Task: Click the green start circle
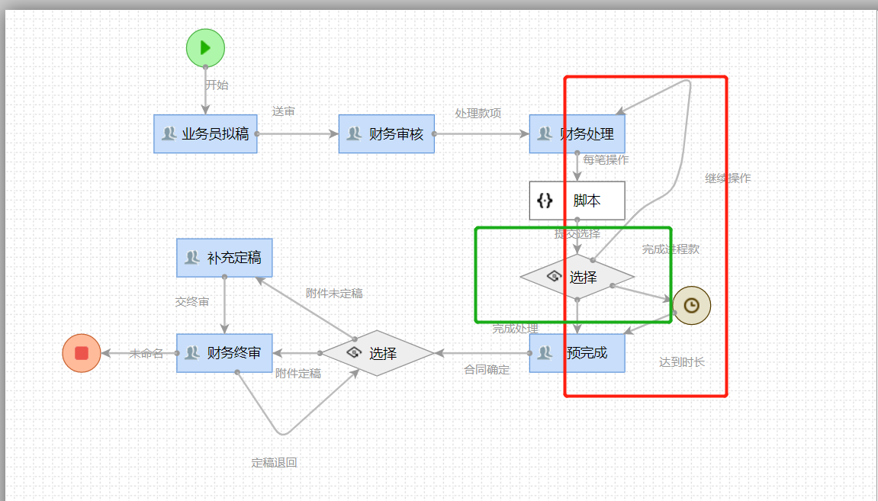pyautogui.click(x=205, y=48)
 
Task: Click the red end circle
pyautogui.click(x=82, y=353)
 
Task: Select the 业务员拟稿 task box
pyautogui.click(x=205, y=134)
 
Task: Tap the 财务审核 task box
pyautogui.click(x=386, y=134)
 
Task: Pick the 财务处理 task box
pyautogui.click(x=577, y=134)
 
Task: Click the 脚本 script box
pyautogui.click(x=577, y=201)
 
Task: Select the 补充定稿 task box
pyautogui.click(x=224, y=258)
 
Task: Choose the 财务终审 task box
pyautogui.click(x=224, y=353)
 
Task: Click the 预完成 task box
pyautogui.click(x=577, y=353)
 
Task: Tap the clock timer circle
pyautogui.click(x=691, y=305)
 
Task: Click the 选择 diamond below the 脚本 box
pyautogui.click(x=577, y=277)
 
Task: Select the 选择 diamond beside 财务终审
pyautogui.click(x=377, y=353)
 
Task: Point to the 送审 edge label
pyautogui.click(x=284, y=111)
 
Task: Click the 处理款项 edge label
pyautogui.click(x=478, y=113)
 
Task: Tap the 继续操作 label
pyautogui.click(x=728, y=178)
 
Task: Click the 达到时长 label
pyautogui.click(x=682, y=362)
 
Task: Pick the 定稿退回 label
pyautogui.click(x=274, y=463)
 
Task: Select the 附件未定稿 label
pyautogui.click(x=334, y=293)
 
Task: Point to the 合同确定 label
pyautogui.click(x=487, y=370)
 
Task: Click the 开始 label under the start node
pyautogui.click(x=217, y=85)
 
